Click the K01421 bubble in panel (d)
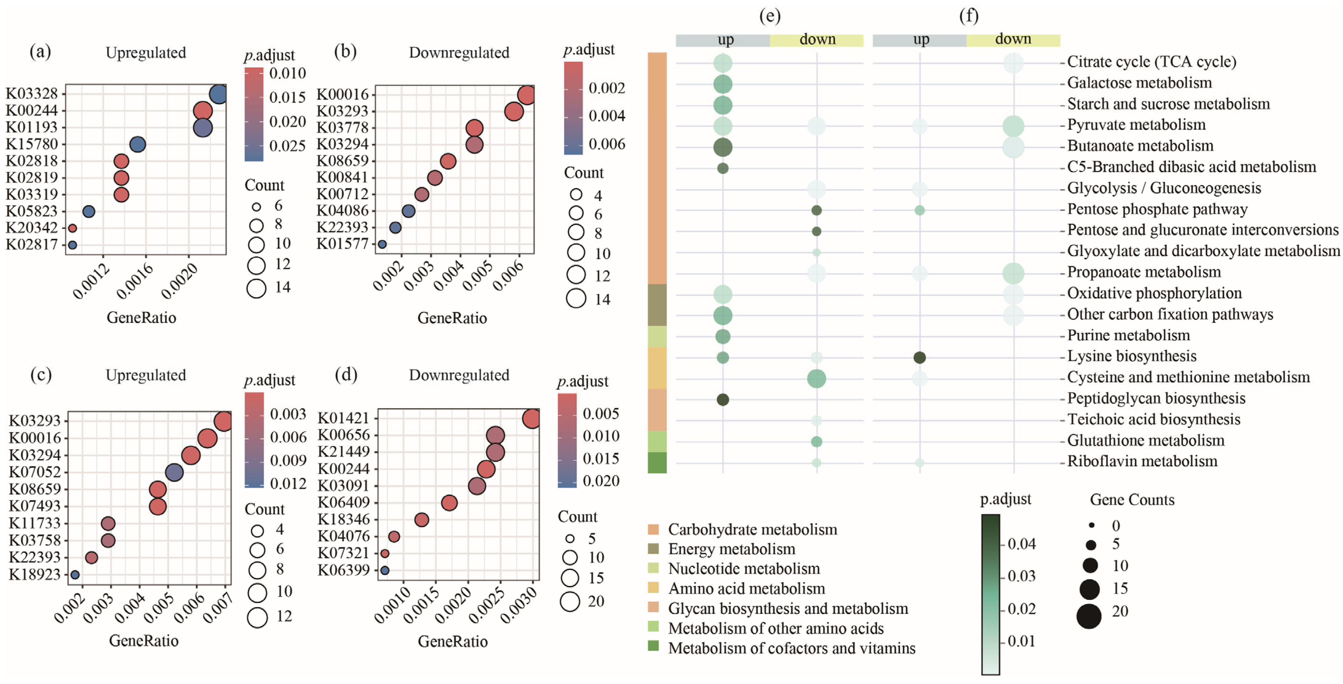[531, 419]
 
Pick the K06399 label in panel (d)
[343, 570]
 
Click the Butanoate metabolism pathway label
[1140, 146]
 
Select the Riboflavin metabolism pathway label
[1142, 462]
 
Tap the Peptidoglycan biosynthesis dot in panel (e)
[723, 399]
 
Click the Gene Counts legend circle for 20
[1089, 616]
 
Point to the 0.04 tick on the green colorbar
[1021, 544]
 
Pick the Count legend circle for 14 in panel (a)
[257, 288]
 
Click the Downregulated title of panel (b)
[459, 53]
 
